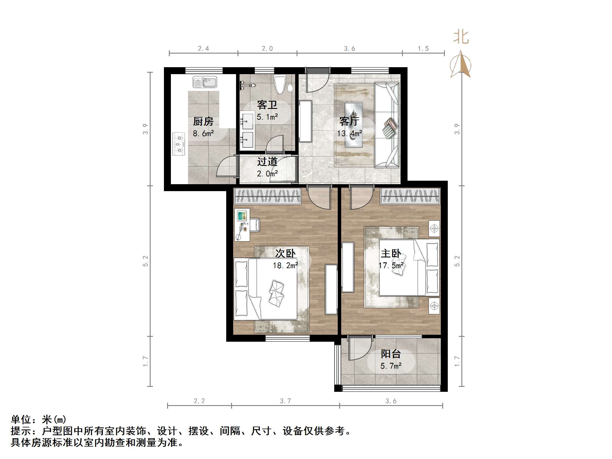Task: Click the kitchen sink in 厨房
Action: [205, 82]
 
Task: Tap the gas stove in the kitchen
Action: [179, 144]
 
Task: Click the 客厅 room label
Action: [349, 121]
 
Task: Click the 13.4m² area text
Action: [349, 134]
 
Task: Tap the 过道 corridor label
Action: [267, 162]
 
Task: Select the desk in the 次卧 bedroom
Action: [242, 225]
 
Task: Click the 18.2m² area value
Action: [285, 266]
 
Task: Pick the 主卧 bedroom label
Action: [391, 254]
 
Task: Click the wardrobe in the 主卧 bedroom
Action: [410, 196]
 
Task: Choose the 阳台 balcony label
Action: [391, 354]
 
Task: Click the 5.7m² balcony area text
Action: [391, 366]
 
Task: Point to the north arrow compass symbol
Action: [460, 65]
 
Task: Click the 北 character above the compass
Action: [461, 37]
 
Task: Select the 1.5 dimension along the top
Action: [423, 49]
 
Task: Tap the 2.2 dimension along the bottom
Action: [199, 401]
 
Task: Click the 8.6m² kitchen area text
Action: [203, 134]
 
